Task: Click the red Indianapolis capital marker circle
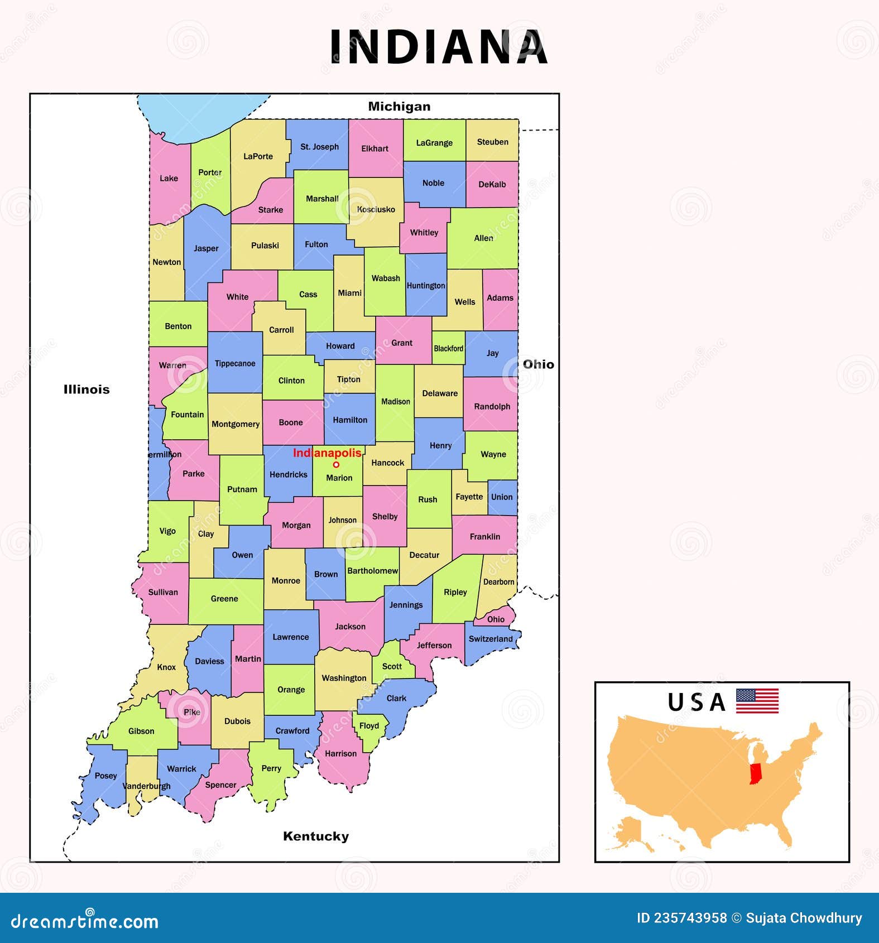point(336,464)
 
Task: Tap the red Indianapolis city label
point(327,453)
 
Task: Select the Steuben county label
point(492,142)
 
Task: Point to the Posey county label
point(105,776)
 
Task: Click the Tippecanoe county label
point(235,363)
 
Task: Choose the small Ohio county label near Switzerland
point(496,619)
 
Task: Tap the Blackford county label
point(448,348)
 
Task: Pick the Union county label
point(502,497)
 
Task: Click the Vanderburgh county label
point(146,786)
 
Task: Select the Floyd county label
point(369,725)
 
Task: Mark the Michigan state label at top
point(399,106)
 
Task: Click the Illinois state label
point(87,389)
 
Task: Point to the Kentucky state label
point(316,836)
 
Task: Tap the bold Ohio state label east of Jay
point(538,364)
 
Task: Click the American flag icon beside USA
point(757,701)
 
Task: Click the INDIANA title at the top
point(439,47)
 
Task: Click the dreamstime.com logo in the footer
point(85,921)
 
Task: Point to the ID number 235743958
point(682,918)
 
